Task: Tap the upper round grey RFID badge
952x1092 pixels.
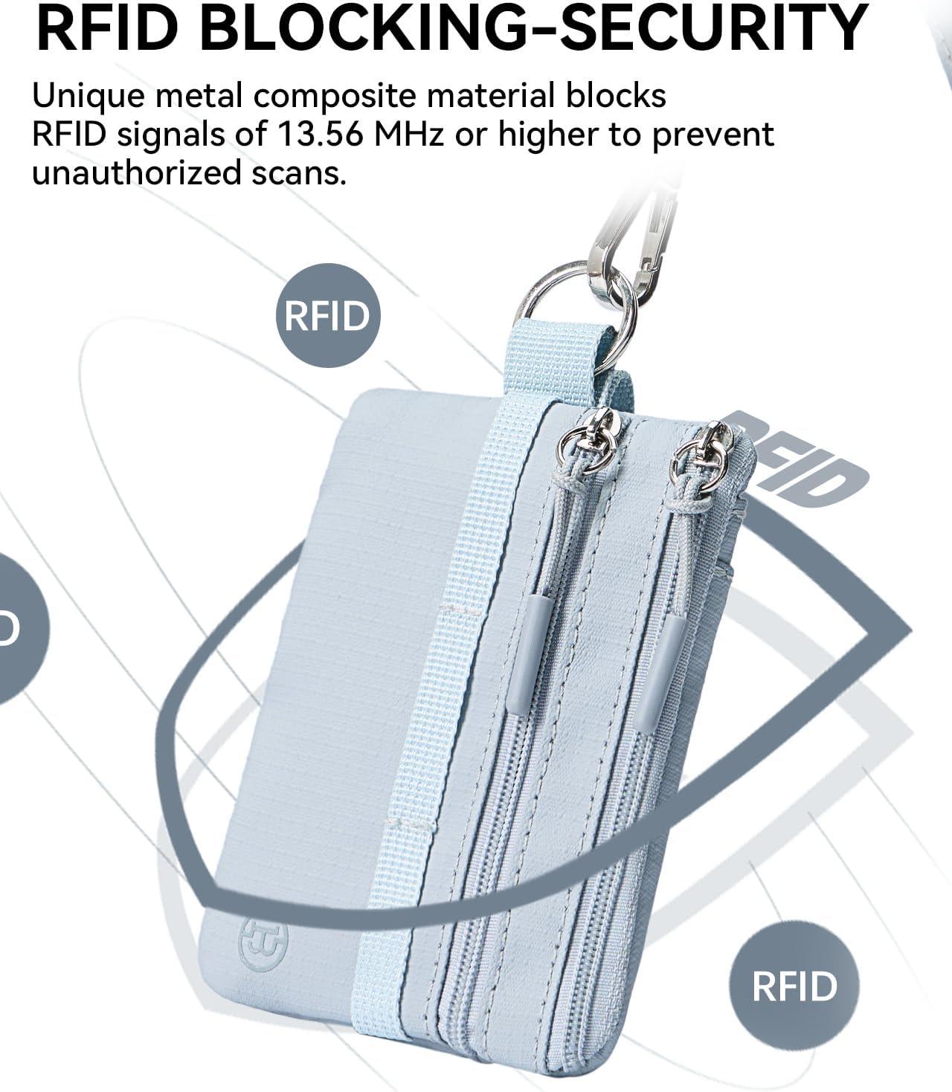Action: [x=327, y=315]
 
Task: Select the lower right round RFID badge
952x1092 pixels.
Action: [x=794, y=986]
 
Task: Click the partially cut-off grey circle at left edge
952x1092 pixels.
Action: [x=19, y=628]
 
